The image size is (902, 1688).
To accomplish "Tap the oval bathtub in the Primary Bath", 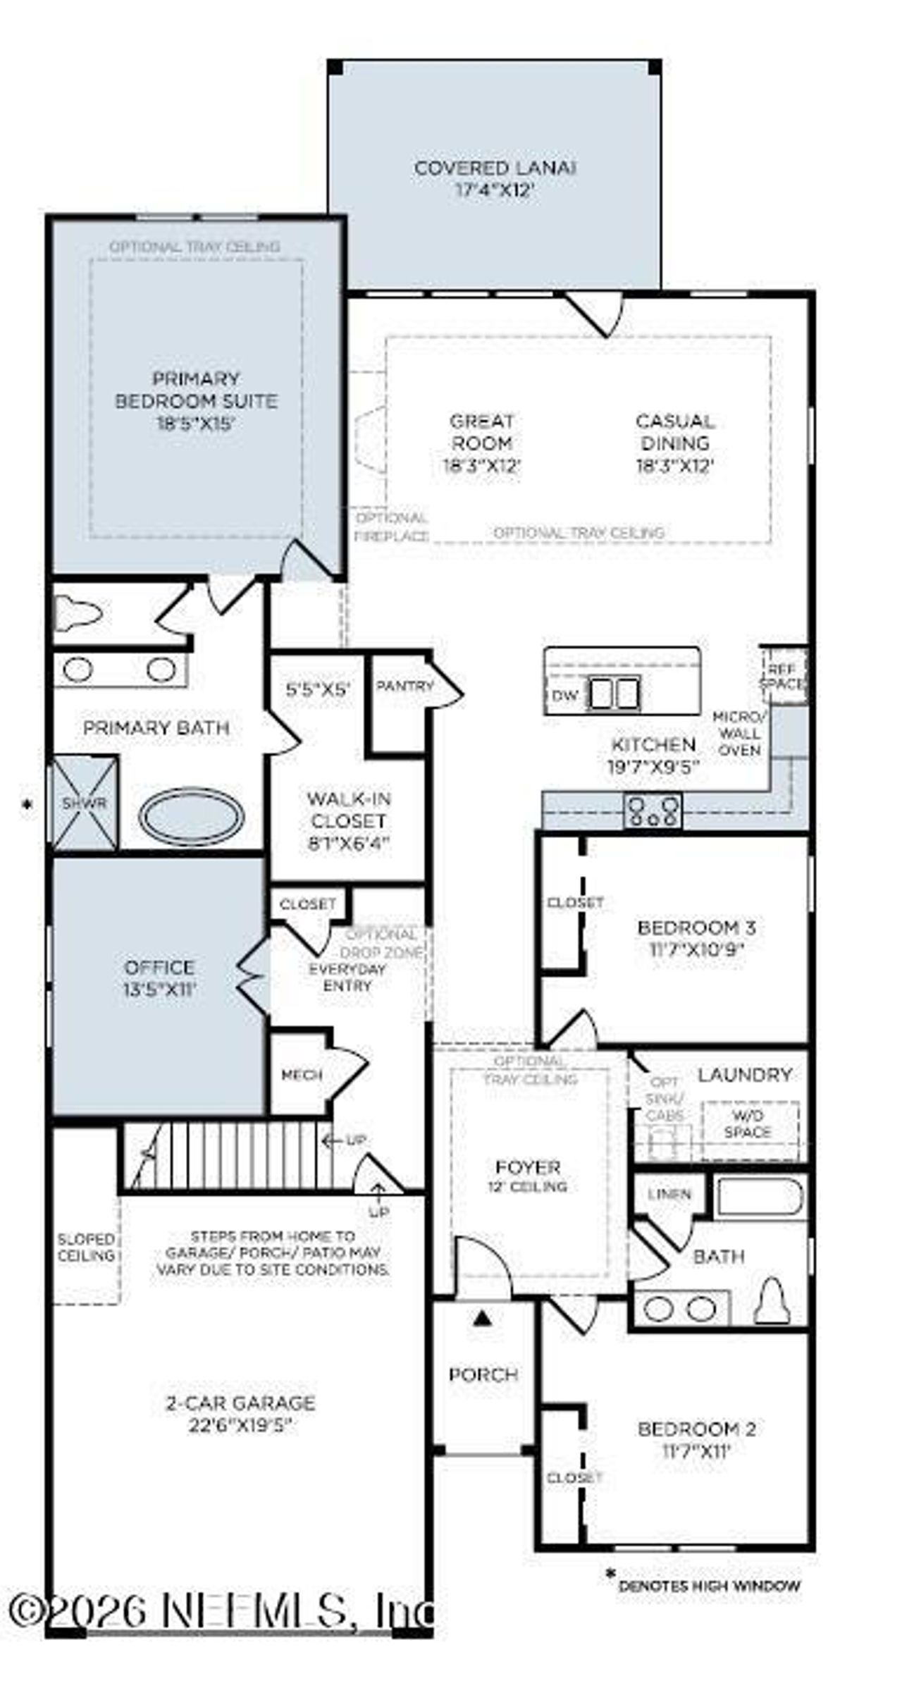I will coord(191,817).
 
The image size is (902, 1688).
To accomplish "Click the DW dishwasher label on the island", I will coord(564,696).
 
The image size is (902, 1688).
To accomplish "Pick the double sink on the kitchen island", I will coord(614,693).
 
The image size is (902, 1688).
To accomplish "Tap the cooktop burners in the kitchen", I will coord(653,811).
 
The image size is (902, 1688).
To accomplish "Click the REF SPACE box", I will coord(783,677).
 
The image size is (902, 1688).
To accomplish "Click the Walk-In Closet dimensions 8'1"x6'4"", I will coord(348,844).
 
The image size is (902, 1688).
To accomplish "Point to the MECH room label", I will coord(302,1075).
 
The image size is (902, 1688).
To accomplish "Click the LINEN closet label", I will coord(669,1194).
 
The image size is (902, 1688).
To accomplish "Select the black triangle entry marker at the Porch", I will coord(482,1317).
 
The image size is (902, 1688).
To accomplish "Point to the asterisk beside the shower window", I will coord(27,804).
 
